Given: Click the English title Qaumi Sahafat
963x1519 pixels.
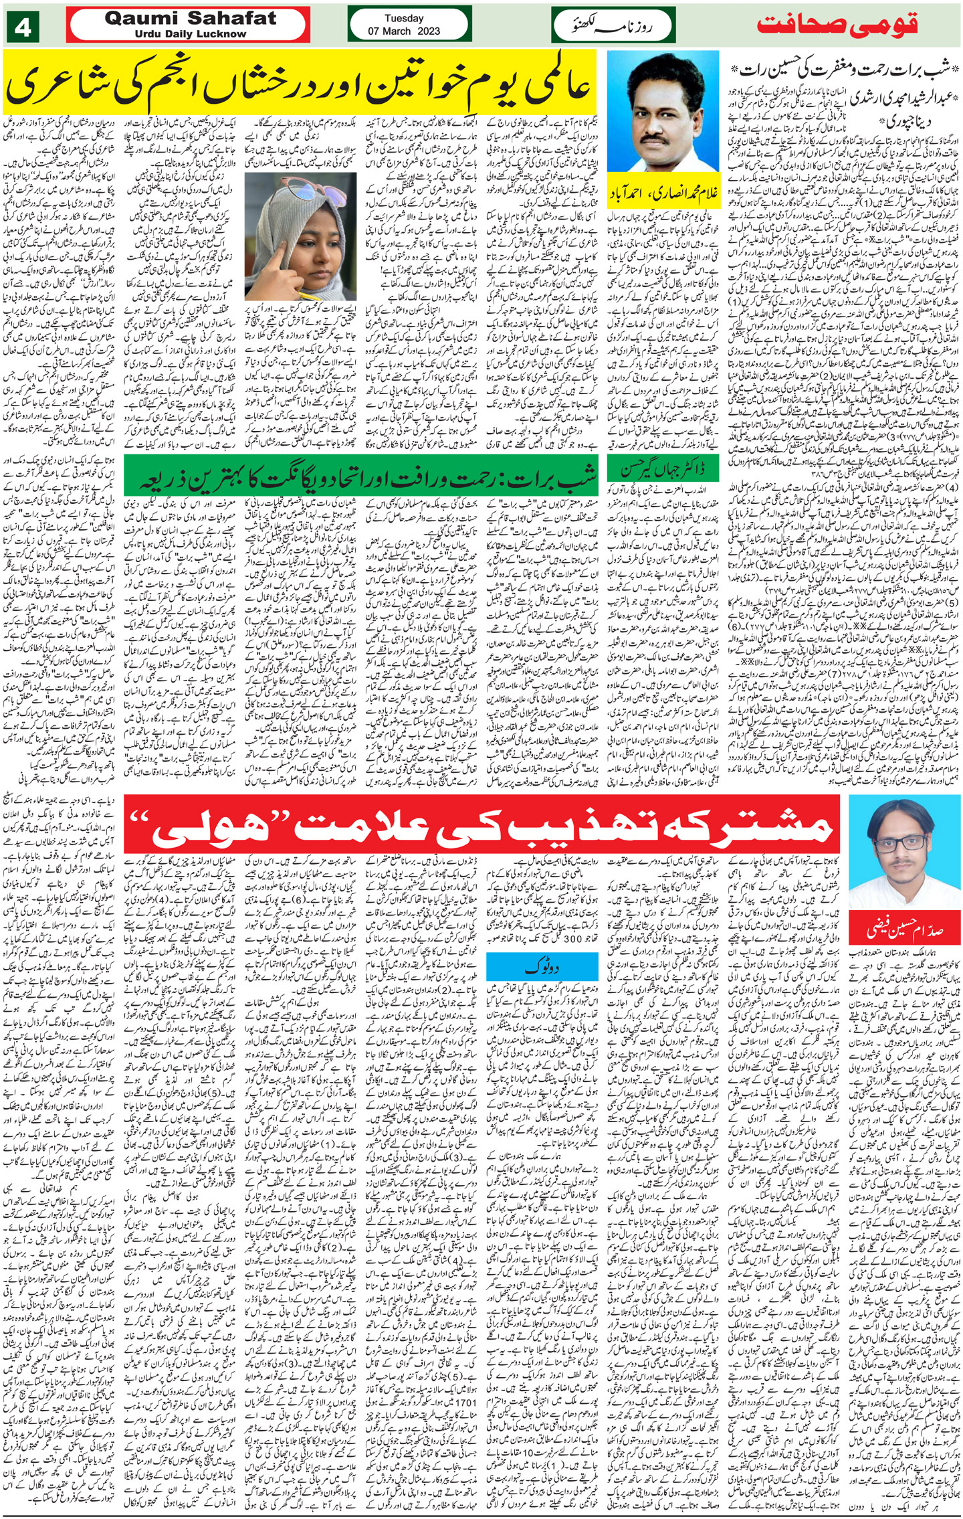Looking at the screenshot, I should (x=190, y=19).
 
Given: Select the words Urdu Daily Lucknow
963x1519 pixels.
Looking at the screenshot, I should (x=190, y=34).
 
